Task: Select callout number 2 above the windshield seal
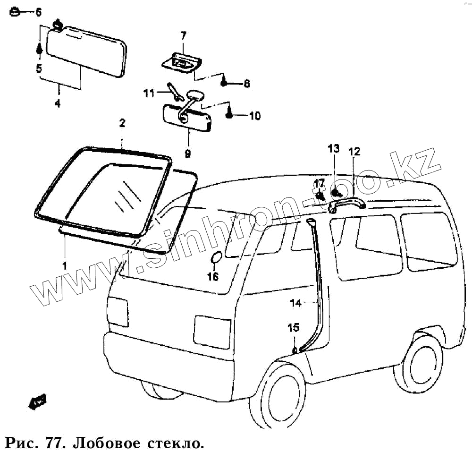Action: click(122, 123)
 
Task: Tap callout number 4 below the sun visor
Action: click(58, 102)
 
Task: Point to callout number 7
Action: click(183, 35)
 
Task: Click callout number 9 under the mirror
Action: click(187, 153)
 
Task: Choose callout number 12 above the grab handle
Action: click(354, 152)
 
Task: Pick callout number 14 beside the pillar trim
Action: click(295, 304)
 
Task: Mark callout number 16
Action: click(213, 277)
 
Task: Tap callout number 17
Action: click(320, 183)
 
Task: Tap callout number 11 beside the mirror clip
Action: click(149, 94)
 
